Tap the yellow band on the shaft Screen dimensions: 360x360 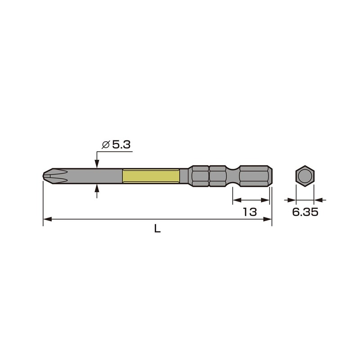coord(151,175)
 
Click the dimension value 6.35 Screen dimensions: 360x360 coord(305,212)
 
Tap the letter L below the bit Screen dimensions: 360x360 coord(157,229)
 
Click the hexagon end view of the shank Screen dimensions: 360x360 coord(305,175)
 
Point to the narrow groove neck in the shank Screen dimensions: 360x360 coord(232,175)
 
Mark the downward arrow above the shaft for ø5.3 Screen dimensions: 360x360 coord(97,163)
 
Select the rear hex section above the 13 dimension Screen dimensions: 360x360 coord(255,175)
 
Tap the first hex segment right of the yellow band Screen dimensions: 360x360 coord(199,175)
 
